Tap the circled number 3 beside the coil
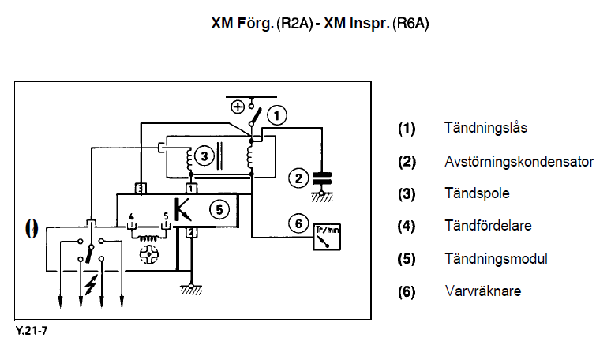204,157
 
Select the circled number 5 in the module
219,209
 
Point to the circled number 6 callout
297,223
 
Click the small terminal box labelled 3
139,188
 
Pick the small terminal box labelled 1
190,188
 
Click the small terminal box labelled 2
190,232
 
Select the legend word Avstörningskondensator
519,160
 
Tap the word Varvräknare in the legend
482,291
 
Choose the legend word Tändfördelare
488,226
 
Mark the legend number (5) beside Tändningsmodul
407,259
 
